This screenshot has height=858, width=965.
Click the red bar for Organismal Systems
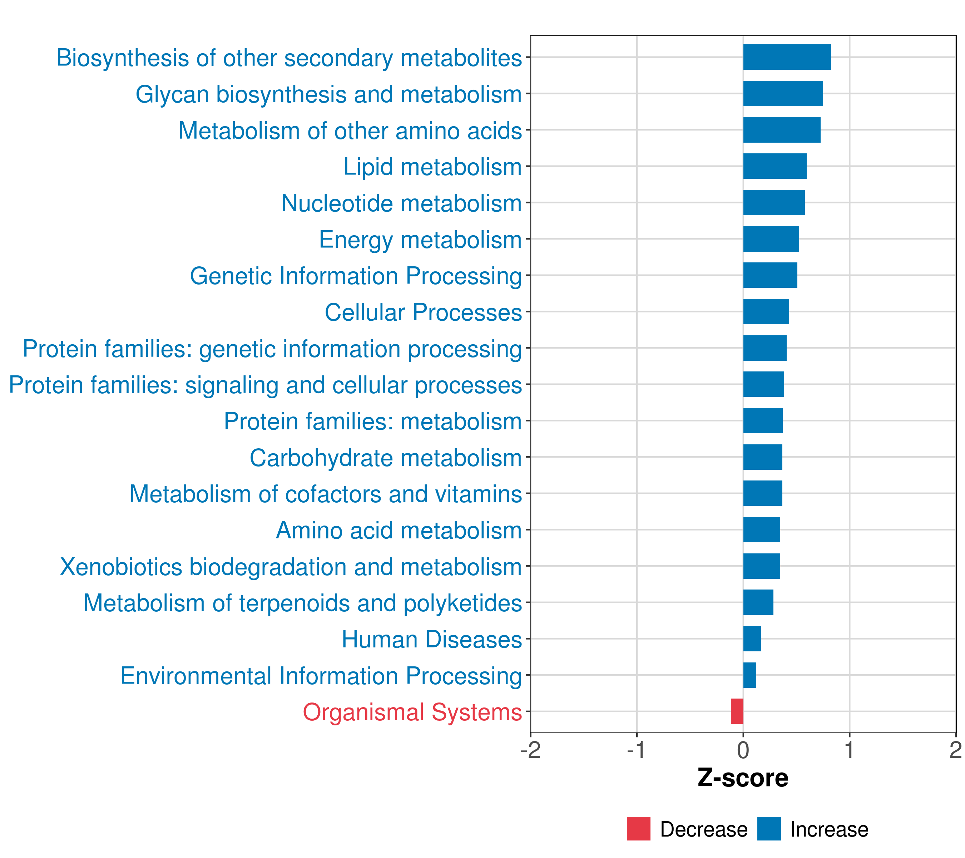[x=737, y=711]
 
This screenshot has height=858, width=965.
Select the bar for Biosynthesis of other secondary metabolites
[x=787, y=57]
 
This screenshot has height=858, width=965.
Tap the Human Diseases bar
[x=752, y=638]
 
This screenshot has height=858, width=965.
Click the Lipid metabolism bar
[x=775, y=166]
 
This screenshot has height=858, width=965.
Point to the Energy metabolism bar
[x=771, y=239]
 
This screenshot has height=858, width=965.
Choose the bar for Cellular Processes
[x=766, y=312]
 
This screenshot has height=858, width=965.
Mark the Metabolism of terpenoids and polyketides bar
[x=758, y=602]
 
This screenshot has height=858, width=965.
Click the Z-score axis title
[x=743, y=778]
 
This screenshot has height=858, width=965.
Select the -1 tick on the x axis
[x=637, y=750]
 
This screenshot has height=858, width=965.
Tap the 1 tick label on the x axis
[x=849, y=750]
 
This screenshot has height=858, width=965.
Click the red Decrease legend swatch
[x=638, y=829]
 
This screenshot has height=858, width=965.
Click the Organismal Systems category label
[x=412, y=712]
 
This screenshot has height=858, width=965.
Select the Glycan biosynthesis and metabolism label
[x=328, y=94]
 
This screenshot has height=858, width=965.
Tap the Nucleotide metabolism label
[x=401, y=203]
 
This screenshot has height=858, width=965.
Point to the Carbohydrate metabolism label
[x=385, y=458]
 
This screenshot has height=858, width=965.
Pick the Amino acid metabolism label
[x=399, y=530]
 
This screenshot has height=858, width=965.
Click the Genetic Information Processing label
[x=356, y=276]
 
